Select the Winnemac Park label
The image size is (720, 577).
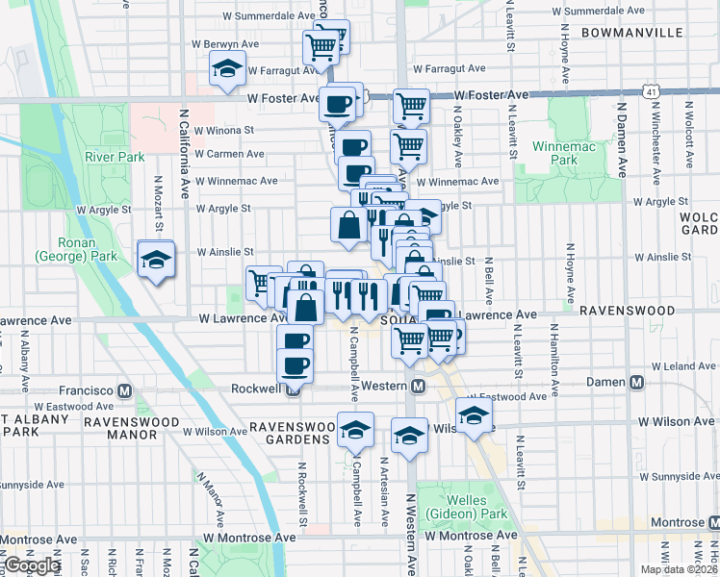pos(557,156)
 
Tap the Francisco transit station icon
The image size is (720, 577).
pos(124,391)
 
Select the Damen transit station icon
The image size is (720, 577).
pos(633,383)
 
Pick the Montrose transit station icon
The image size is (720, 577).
pos(713,522)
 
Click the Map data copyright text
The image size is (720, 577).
pos(680,569)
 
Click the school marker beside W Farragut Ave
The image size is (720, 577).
pos(227,69)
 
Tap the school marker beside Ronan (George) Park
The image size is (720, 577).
pos(155,260)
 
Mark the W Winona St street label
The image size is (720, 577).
pos(223,130)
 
